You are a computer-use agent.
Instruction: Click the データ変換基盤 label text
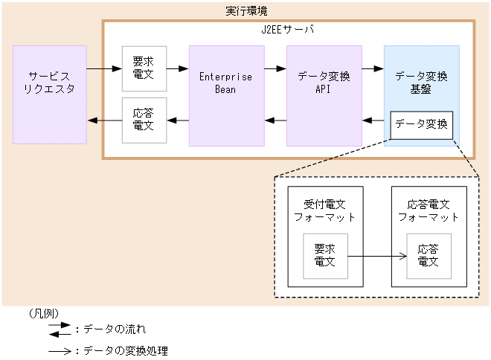pos(421,83)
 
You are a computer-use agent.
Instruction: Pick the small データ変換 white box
pos(421,124)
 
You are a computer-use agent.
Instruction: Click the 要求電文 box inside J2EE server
pos(144,68)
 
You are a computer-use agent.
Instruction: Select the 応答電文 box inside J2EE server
pos(144,120)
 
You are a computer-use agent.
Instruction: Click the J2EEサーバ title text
pos(289,30)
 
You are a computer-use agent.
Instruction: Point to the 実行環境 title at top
pos(246,11)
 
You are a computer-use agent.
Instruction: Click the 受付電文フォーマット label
pos(324,210)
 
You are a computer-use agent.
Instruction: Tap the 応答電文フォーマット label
pos(429,210)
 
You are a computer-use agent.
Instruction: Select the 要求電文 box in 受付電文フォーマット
pos(324,256)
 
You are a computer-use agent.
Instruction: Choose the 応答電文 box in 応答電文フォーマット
pos(429,256)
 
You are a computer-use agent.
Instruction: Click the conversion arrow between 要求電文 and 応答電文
pos(376,256)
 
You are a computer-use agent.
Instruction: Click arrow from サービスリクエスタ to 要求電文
pos(103,69)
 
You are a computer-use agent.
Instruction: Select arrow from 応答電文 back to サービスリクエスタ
pos(103,120)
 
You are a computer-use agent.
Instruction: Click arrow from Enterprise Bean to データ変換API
pos(275,69)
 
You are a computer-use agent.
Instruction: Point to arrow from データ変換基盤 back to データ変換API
pos(373,120)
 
